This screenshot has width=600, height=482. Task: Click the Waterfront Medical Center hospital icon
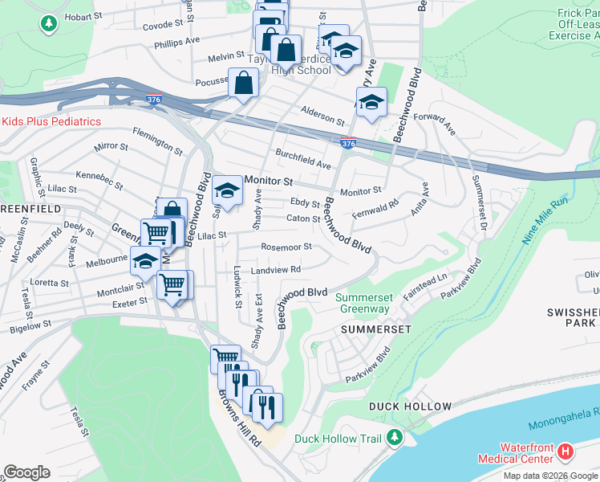point(566,451)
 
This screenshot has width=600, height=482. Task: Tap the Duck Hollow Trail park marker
point(394,438)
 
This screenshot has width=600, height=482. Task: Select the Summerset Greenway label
point(363,303)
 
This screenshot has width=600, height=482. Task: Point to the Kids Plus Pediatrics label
point(51,121)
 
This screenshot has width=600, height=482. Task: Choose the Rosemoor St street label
point(286,247)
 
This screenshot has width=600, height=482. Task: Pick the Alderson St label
point(322,116)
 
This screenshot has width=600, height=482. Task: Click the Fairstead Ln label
point(425,285)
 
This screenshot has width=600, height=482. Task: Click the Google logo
point(27,472)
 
